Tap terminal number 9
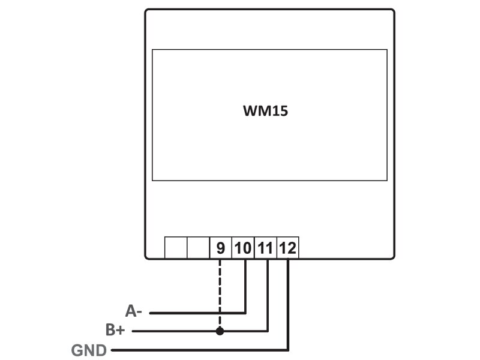point(220,248)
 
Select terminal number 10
point(243,248)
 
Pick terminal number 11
point(265,248)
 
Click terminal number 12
point(287,248)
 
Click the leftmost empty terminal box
point(175,248)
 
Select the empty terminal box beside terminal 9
point(197,248)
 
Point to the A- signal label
point(134,311)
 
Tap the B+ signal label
point(116,330)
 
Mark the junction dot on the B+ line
point(220,331)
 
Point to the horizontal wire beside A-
point(198,313)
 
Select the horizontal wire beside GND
point(198,350)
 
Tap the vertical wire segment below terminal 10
point(246,285)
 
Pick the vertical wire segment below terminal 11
point(268,294)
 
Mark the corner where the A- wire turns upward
point(246,313)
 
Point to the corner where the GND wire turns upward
point(289,350)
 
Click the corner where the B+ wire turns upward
point(268,331)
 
